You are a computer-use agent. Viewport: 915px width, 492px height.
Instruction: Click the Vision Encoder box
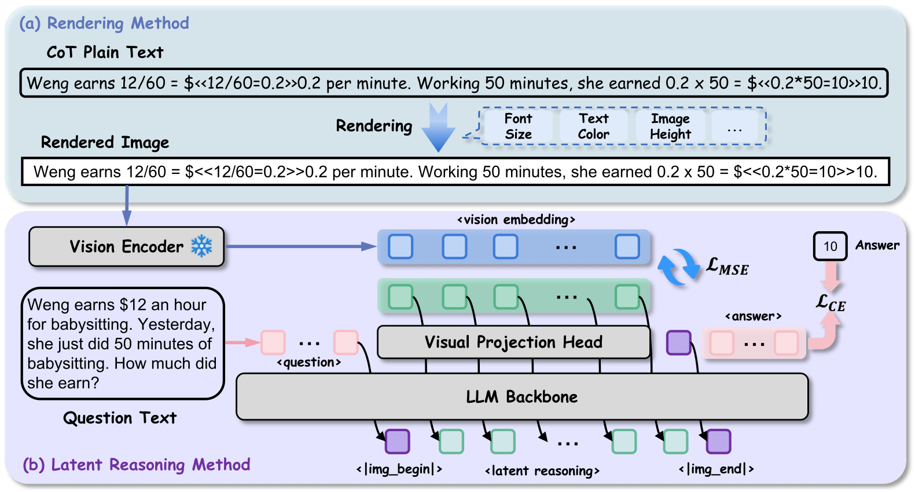pos(126,247)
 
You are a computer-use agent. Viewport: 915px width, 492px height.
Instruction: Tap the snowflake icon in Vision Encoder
pos(201,246)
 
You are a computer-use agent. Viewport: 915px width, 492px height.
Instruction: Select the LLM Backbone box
pos(521,397)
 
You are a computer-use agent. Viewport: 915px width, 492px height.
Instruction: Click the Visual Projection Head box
pos(513,342)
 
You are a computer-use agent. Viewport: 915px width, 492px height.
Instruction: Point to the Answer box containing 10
pos(830,246)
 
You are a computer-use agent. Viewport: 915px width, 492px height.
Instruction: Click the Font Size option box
pos(518,126)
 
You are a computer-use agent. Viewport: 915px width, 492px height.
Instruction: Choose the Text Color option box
pos(593,126)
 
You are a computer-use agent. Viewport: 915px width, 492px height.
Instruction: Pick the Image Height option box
pos(670,126)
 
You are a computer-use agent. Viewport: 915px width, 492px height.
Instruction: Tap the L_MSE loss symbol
pos(727,267)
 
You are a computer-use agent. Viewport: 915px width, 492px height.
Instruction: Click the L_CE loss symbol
pos(831,303)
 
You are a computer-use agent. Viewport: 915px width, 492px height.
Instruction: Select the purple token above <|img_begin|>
pos(398,442)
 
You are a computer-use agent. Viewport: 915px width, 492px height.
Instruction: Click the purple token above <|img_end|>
pos(719,442)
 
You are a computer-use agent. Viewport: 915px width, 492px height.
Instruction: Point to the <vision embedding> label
pos(516,220)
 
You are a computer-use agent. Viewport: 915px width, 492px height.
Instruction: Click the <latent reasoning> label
pos(542,471)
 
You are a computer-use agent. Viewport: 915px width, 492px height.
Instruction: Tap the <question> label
pos(309,363)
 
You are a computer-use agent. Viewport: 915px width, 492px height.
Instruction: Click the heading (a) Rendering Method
pos(104,23)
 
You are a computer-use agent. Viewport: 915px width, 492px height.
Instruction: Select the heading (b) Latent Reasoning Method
pos(137,465)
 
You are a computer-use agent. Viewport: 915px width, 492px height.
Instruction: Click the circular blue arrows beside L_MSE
pos(678,267)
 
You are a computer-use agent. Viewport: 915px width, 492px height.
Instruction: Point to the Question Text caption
pos(120,418)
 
